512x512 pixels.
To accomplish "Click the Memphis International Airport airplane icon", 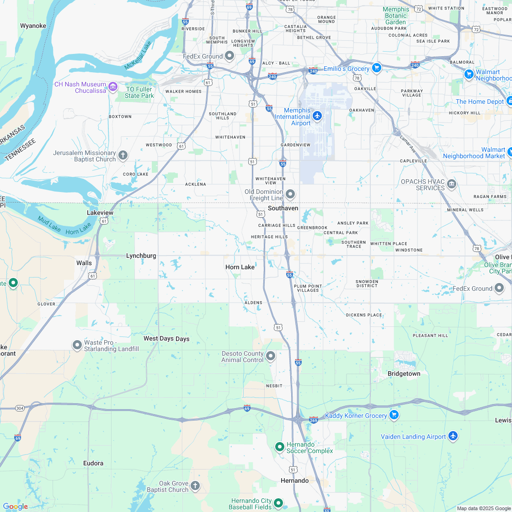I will pos(318,115).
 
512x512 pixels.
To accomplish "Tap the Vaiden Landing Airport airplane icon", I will pos(453,436).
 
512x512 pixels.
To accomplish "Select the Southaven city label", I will pos(283,208).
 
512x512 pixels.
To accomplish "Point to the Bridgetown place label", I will pos(404,373).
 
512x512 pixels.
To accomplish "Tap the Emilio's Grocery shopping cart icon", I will pos(376,68).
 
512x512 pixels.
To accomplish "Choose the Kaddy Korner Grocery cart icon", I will pos(394,415).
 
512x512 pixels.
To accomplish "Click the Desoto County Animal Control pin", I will pos(271,356).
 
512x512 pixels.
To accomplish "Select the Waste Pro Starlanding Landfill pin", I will pos(77,344).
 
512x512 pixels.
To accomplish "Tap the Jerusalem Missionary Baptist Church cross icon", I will pos(123,155).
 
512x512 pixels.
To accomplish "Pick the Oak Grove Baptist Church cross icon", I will pos(195,485).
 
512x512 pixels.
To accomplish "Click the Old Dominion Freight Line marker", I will pos(290,194).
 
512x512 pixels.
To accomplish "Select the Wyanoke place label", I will pos(33,26).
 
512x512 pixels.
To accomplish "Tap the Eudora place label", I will pos(93,463).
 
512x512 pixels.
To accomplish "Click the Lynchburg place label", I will pos(141,256).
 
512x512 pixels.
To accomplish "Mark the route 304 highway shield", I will pos(20,408).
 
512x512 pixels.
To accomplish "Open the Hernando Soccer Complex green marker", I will pos(280,447).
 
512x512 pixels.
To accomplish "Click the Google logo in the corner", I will pos(15,506).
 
